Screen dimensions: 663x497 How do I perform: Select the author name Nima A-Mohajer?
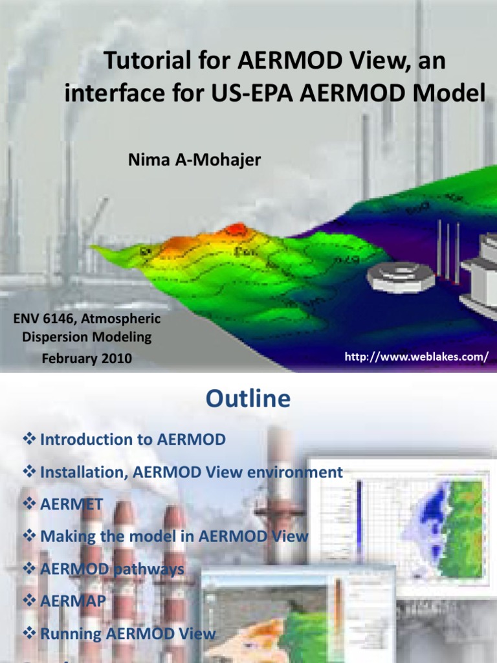[195, 159]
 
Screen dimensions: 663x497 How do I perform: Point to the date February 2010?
[87, 357]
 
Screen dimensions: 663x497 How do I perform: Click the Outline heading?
[248, 399]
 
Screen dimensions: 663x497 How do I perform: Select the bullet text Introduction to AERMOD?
[133, 440]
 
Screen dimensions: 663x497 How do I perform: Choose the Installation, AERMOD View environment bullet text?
[191, 472]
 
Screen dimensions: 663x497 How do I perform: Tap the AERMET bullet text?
[71, 504]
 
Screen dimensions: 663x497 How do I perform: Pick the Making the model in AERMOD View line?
[174, 536]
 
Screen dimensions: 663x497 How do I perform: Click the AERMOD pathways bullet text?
[112, 568]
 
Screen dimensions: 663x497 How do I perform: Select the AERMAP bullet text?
[73, 601]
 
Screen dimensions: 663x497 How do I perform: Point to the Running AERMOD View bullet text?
[127, 633]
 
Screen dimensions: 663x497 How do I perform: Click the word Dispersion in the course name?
[54, 337]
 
